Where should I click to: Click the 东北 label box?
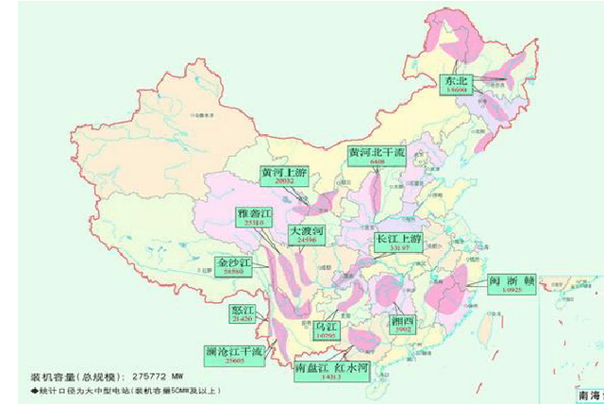pyautogui.click(x=457, y=86)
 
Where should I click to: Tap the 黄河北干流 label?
pyautogui.click(x=377, y=156)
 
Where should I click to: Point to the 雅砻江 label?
pyautogui.click(x=255, y=218)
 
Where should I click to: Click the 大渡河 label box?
pyautogui.click(x=307, y=236)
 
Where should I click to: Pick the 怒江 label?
pyautogui.click(x=243, y=314)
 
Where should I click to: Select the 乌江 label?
pyautogui.click(x=327, y=329)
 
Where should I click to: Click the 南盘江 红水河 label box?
pyautogui.click(x=331, y=369)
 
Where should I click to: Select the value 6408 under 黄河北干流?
pyautogui.click(x=377, y=163)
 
